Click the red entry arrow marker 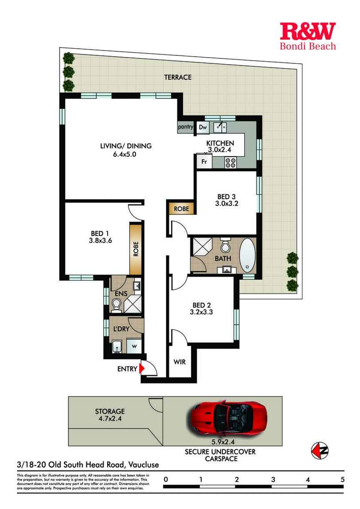click(142, 368)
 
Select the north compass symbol click(320, 451)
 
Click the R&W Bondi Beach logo click(308, 36)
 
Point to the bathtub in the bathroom click(248, 255)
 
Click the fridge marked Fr click(204, 161)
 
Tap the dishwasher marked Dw click(203, 127)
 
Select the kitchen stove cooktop click(230, 162)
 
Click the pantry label click(186, 127)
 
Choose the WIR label click(179, 362)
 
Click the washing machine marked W click(134, 346)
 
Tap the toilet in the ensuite click(116, 305)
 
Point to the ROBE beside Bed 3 click(182, 209)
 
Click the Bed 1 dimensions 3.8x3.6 click(101, 240)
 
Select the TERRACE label click(178, 77)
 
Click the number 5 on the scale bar click(342, 479)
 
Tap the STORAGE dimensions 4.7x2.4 click(110, 419)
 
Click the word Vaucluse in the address click(143, 465)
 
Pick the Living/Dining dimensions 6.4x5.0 click(125, 154)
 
